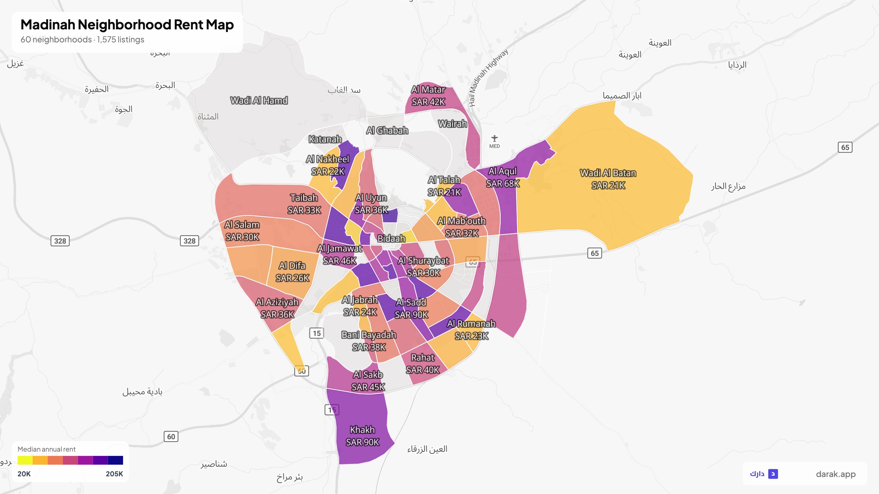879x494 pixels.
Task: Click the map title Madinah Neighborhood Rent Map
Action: click(127, 25)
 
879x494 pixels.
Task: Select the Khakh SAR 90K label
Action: click(362, 436)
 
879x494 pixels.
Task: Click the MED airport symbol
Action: click(494, 139)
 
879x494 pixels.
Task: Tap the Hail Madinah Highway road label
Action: click(488, 78)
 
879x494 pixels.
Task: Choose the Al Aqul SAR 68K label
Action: click(503, 177)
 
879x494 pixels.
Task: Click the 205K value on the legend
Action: click(114, 474)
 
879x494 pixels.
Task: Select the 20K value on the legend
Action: click(24, 474)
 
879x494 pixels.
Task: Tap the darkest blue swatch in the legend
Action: click(115, 460)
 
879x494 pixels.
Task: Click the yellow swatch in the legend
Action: click(25, 460)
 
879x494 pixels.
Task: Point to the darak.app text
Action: click(835, 474)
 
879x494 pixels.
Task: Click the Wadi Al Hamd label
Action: click(259, 100)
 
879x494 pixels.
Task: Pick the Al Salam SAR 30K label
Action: click(242, 231)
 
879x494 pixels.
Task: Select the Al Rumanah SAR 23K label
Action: click(471, 329)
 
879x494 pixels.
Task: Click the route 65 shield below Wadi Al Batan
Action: click(594, 253)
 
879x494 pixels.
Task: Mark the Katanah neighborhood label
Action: click(325, 139)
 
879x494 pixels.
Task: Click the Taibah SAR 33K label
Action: click(304, 204)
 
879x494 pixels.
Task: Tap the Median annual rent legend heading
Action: click(46, 449)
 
